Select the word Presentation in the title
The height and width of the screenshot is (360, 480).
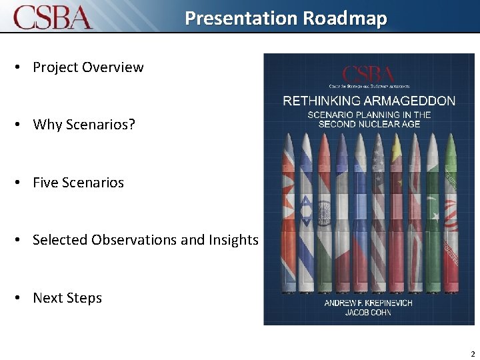(241, 18)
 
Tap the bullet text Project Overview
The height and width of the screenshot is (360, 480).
(88, 67)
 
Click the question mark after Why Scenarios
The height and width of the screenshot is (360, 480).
(131, 125)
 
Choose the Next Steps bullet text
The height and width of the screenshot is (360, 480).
(67, 298)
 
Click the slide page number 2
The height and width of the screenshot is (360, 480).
(472, 354)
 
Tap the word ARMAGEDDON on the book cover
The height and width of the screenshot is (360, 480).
(407, 101)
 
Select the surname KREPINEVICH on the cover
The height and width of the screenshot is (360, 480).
(388, 303)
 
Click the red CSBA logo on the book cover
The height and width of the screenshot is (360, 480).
(368, 75)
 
